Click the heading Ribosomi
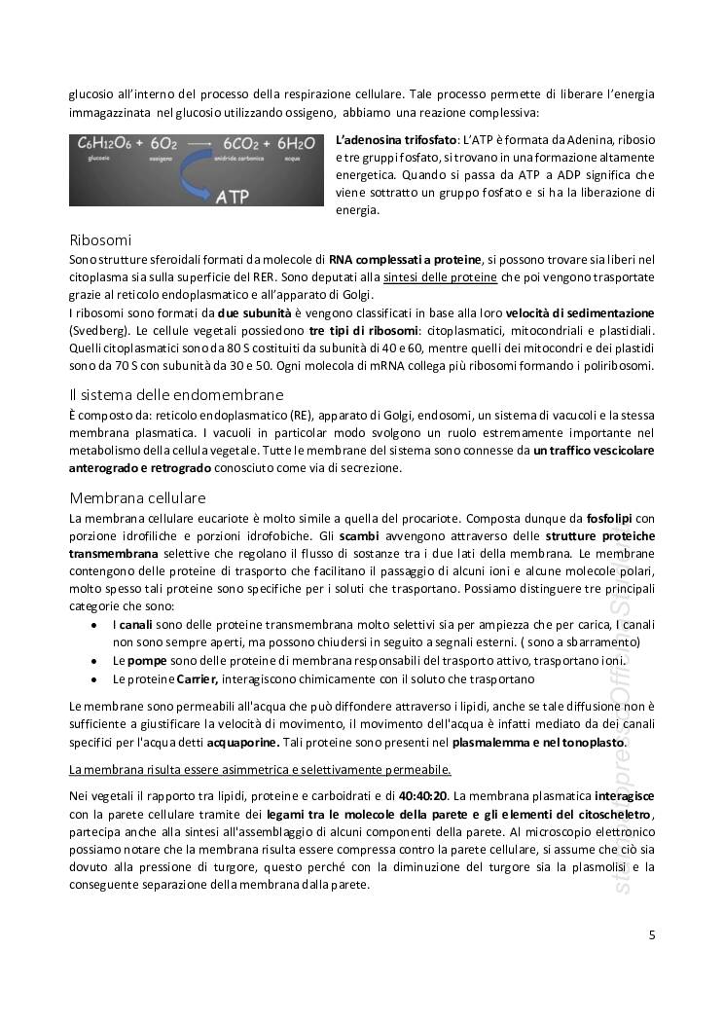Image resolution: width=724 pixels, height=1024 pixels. coord(100,240)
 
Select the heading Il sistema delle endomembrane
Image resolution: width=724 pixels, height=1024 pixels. coord(176,394)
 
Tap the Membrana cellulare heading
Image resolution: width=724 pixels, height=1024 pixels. coord(137,497)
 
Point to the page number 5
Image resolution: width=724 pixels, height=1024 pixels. coord(651,936)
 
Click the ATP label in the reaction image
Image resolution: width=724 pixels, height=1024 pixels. coord(231,197)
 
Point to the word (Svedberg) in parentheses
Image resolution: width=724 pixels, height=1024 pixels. coord(95,330)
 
